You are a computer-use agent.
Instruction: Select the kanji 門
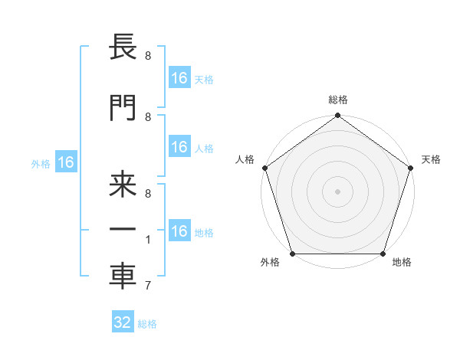click(x=123, y=107)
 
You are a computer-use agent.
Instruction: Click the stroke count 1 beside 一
click(x=148, y=240)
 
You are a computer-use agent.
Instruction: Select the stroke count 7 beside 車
click(x=148, y=286)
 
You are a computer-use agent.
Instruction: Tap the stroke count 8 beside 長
click(x=148, y=56)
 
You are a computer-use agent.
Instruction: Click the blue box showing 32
click(x=123, y=322)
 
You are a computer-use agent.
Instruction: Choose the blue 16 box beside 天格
click(x=179, y=78)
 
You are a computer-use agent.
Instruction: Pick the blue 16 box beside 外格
click(x=65, y=162)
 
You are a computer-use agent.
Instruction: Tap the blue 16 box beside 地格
click(x=179, y=231)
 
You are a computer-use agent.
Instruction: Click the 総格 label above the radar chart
click(x=338, y=100)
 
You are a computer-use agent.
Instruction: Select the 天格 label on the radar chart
click(x=432, y=159)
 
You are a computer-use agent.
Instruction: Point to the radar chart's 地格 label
click(x=402, y=263)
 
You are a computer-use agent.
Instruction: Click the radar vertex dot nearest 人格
click(x=264, y=168)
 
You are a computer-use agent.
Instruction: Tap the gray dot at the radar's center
click(x=338, y=191)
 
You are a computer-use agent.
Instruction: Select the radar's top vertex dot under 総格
click(x=338, y=116)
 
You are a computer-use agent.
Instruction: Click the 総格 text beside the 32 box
click(x=147, y=323)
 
